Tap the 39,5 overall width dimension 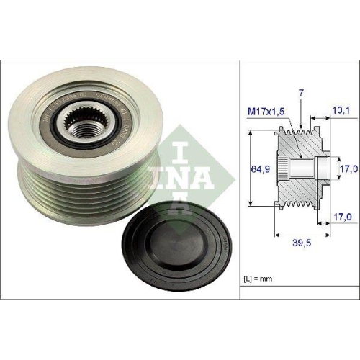click(302, 244)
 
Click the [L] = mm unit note click(257, 276)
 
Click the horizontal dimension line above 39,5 click(301, 232)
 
